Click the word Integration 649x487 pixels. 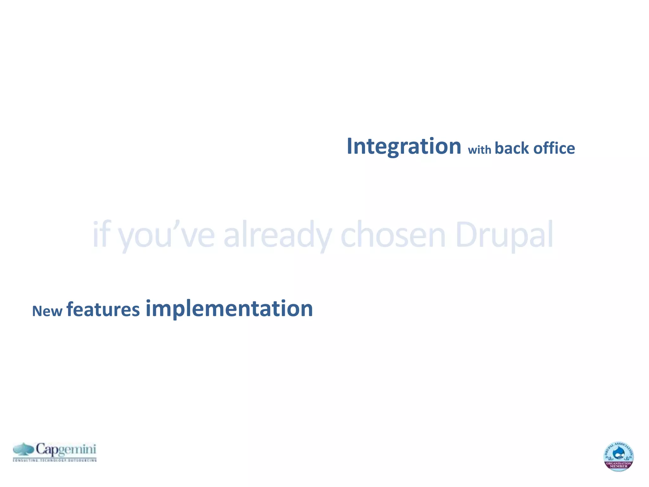(x=404, y=147)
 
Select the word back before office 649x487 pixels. (x=511, y=148)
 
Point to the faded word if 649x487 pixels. (x=101, y=235)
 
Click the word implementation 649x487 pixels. (x=229, y=309)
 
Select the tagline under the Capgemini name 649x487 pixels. (x=55, y=460)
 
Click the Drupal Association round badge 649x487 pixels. (x=618, y=456)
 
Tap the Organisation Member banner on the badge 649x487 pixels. (x=619, y=465)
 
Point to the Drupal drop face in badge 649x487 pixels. (x=619, y=453)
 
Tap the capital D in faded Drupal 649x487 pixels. (x=466, y=235)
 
